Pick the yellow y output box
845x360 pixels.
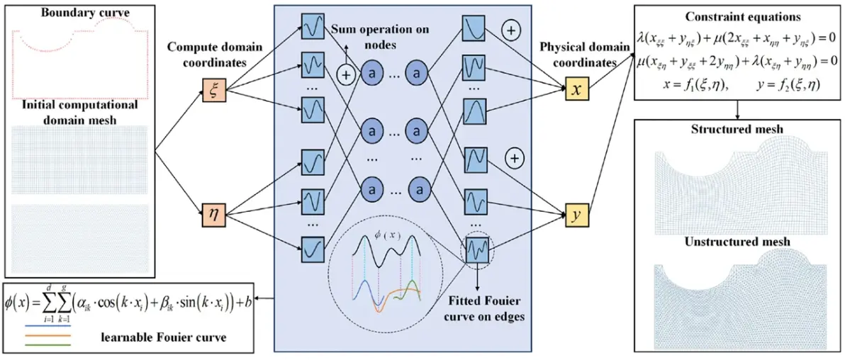point(576,214)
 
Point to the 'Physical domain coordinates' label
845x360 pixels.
point(575,55)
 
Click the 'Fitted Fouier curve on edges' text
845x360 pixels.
point(485,308)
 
